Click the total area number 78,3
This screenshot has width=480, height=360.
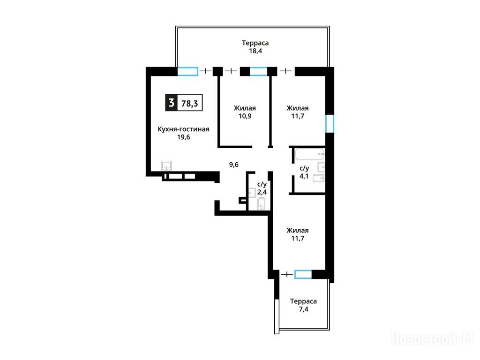click(189, 104)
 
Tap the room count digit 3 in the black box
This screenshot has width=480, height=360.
click(172, 103)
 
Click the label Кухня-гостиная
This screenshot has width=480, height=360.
click(183, 129)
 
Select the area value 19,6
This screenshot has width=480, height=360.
click(183, 137)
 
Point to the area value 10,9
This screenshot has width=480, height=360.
click(245, 116)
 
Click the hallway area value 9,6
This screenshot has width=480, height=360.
click(234, 165)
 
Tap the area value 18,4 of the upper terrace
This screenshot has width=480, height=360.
click(255, 51)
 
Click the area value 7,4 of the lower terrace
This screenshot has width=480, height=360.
click(303, 309)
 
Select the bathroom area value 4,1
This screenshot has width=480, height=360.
click(304, 176)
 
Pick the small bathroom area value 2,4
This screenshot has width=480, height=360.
click(262, 192)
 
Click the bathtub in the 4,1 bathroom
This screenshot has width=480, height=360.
click(310, 154)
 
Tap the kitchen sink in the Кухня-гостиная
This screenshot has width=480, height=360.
click(166, 166)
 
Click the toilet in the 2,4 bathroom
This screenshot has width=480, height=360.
click(261, 203)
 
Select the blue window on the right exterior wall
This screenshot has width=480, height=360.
click(330, 124)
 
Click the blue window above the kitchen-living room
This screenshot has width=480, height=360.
click(187, 71)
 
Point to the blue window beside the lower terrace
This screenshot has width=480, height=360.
click(303, 274)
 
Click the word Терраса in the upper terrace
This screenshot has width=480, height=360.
click(255, 43)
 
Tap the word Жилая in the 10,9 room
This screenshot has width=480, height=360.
click(245, 108)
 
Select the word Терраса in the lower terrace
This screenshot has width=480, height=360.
click(303, 301)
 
